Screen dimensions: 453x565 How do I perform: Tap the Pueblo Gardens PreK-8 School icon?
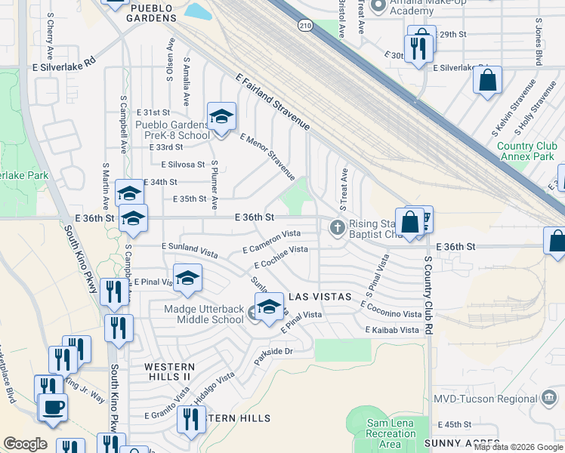tap(221, 117)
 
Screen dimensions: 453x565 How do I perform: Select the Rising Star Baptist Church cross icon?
tap(337, 226)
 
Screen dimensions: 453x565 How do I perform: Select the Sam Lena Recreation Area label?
tap(391, 433)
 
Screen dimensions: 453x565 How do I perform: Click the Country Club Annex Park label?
tap(526, 152)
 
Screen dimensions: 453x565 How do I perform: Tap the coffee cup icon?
tap(52, 408)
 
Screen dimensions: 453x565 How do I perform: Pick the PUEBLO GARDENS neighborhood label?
tap(152, 8)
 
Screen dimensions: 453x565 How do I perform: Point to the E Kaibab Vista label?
tap(391, 331)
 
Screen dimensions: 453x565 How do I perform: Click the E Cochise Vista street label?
tap(280, 257)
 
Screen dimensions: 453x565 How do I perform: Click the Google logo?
tap(25, 444)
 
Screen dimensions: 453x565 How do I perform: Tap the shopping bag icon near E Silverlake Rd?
tap(487, 80)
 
